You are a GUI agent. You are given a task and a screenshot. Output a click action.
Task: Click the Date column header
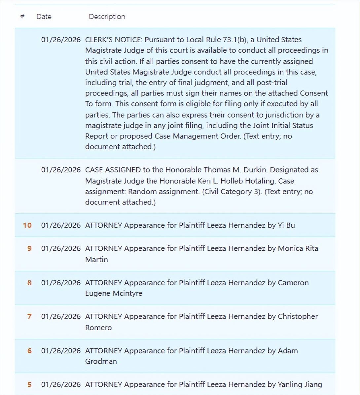pos(44,17)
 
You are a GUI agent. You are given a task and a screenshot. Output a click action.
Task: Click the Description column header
pos(107,17)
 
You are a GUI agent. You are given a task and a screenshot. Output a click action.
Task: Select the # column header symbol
pos(22,17)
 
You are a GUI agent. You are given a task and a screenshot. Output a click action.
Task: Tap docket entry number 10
pos(27,225)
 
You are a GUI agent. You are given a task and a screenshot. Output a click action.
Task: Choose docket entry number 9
pos(29,248)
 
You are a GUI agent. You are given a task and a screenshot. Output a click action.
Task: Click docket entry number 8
pos(29,283)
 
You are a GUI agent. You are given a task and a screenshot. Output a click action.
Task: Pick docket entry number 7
pos(29,316)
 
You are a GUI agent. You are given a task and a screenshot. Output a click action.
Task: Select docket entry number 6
pos(29,351)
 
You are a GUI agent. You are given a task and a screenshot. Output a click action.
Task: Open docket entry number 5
pos(29,384)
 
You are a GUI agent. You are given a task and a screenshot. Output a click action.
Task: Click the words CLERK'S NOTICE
pos(114,40)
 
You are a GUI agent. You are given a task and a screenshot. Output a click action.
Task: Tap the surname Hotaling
pos(258,181)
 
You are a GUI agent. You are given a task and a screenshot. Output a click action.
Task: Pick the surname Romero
pos(98,328)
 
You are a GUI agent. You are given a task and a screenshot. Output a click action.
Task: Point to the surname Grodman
pos(101,361)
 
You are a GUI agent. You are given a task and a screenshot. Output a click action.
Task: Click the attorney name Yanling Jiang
pos(300,384)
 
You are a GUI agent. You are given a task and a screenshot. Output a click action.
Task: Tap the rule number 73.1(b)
pos(235,40)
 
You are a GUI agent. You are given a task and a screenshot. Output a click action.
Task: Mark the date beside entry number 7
pos(61,316)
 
